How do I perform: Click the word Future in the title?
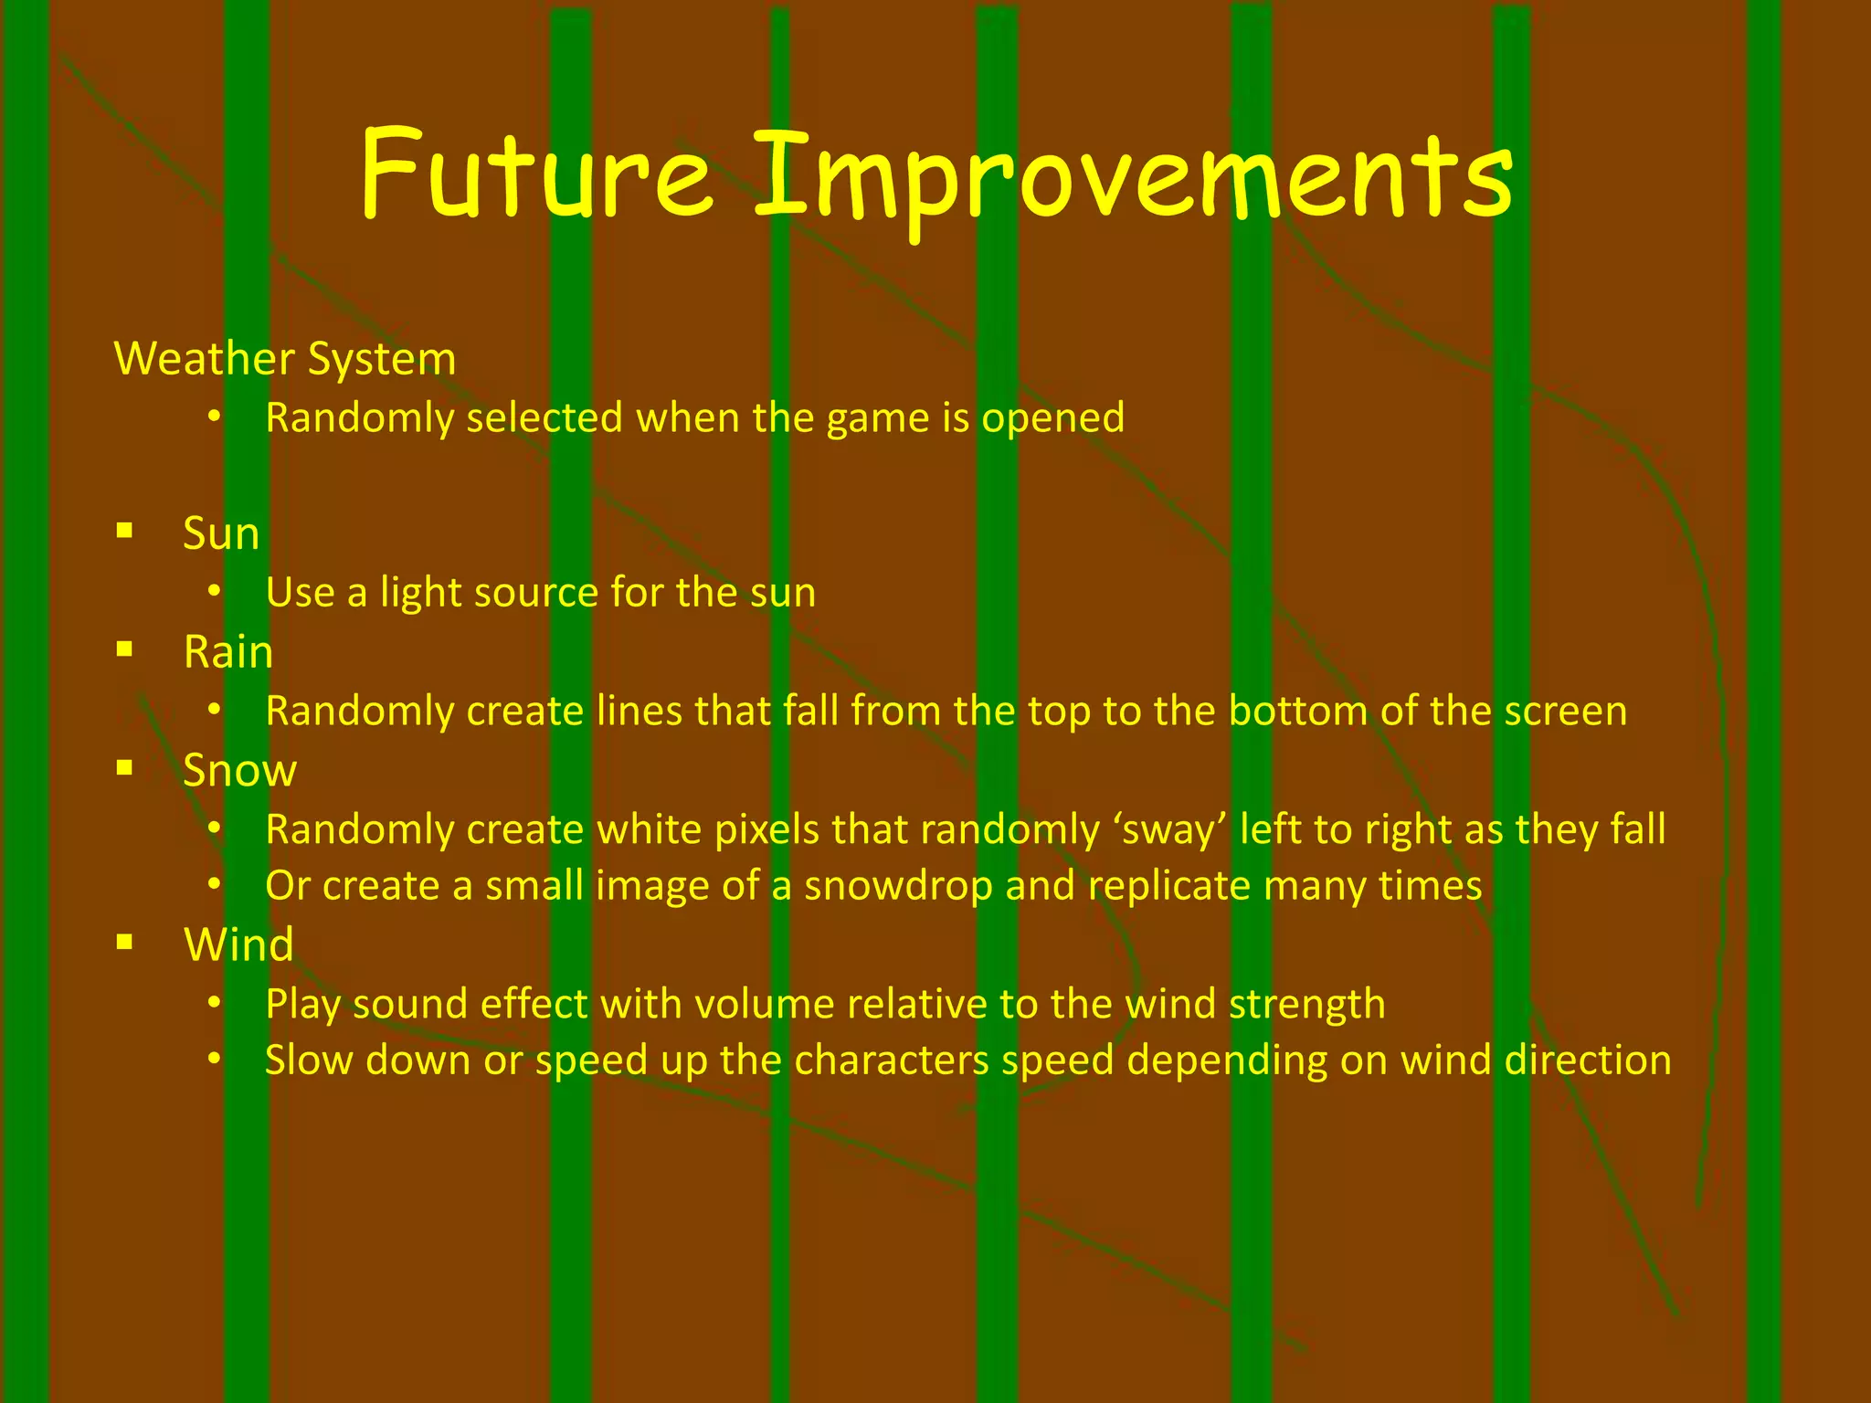tap(535, 174)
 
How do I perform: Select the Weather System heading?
tap(285, 358)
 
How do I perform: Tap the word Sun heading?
tap(221, 533)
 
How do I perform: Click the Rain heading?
tap(228, 652)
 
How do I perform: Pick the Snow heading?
tap(239, 771)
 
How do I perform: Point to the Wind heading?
tap(238, 944)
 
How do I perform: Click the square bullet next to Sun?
tap(125, 530)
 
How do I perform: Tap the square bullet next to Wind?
tap(125, 941)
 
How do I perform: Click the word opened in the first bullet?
tap(1052, 418)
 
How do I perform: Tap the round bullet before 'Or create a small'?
tap(214, 884)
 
